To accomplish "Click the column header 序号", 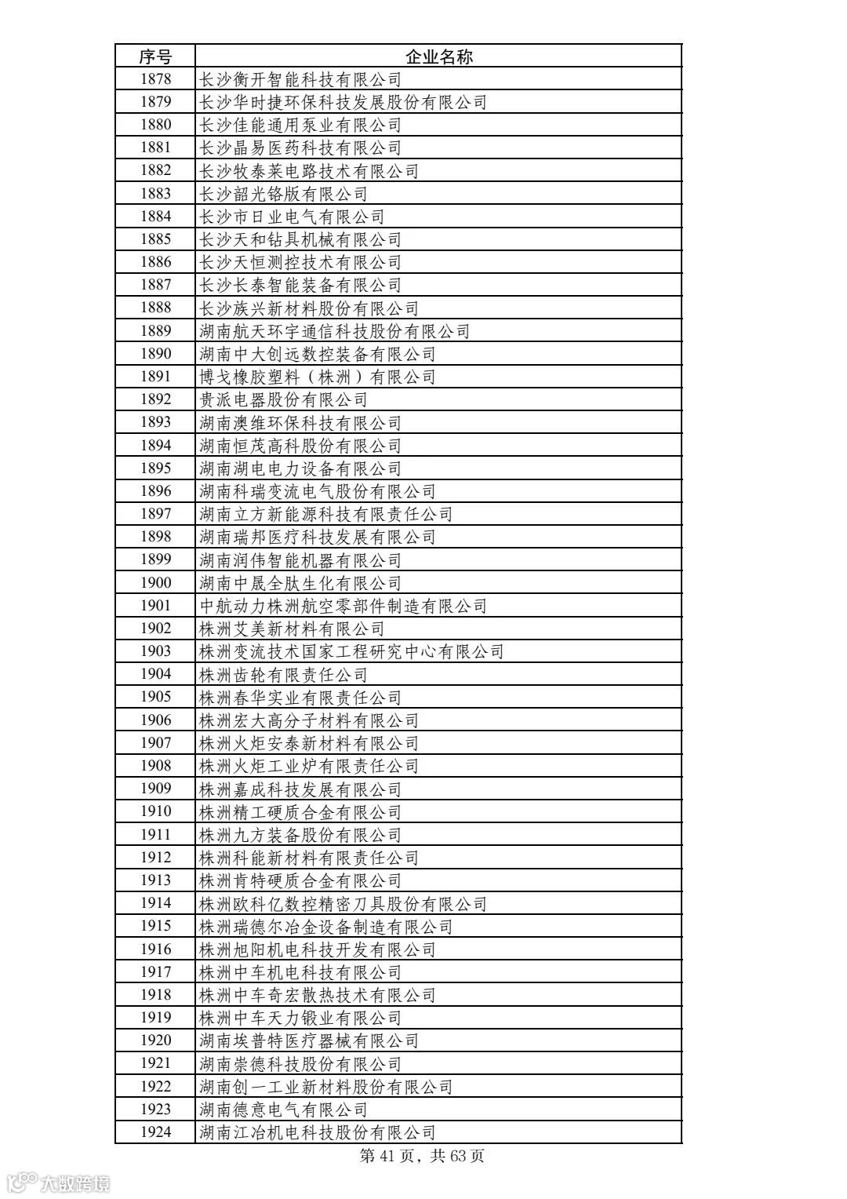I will (x=155, y=56).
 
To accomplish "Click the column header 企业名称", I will (x=438, y=56).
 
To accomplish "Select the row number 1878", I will (x=155, y=79).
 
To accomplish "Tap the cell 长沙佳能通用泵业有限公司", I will (x=300, y=125).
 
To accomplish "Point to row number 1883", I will (x=155, y=193).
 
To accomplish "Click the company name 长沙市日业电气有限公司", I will (x=292, y=217).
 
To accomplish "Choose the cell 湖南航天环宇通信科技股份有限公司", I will (x=334, y=331).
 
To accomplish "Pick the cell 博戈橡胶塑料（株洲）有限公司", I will (x=318, y=377).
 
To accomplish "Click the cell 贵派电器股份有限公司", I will (x=283, y=399).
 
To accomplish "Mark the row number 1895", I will (x=155, y=468).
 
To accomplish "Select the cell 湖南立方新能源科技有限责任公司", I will (x=326, y=514).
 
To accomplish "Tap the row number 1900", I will (x=155, y=583).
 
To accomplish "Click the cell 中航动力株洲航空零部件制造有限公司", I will (x=343, y=606).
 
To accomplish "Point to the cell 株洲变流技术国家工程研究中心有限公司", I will (x=351, y=651).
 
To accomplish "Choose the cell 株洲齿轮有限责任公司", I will (x=283, y=674).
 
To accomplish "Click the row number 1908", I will (x=155, y=766).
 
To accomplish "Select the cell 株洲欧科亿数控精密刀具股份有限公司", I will (x=343, y=903).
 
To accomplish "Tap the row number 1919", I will (x=155, y=1018).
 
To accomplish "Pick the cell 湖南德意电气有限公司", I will (x=283, y=1110).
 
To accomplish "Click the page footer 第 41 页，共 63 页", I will (x=422, y=1156).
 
